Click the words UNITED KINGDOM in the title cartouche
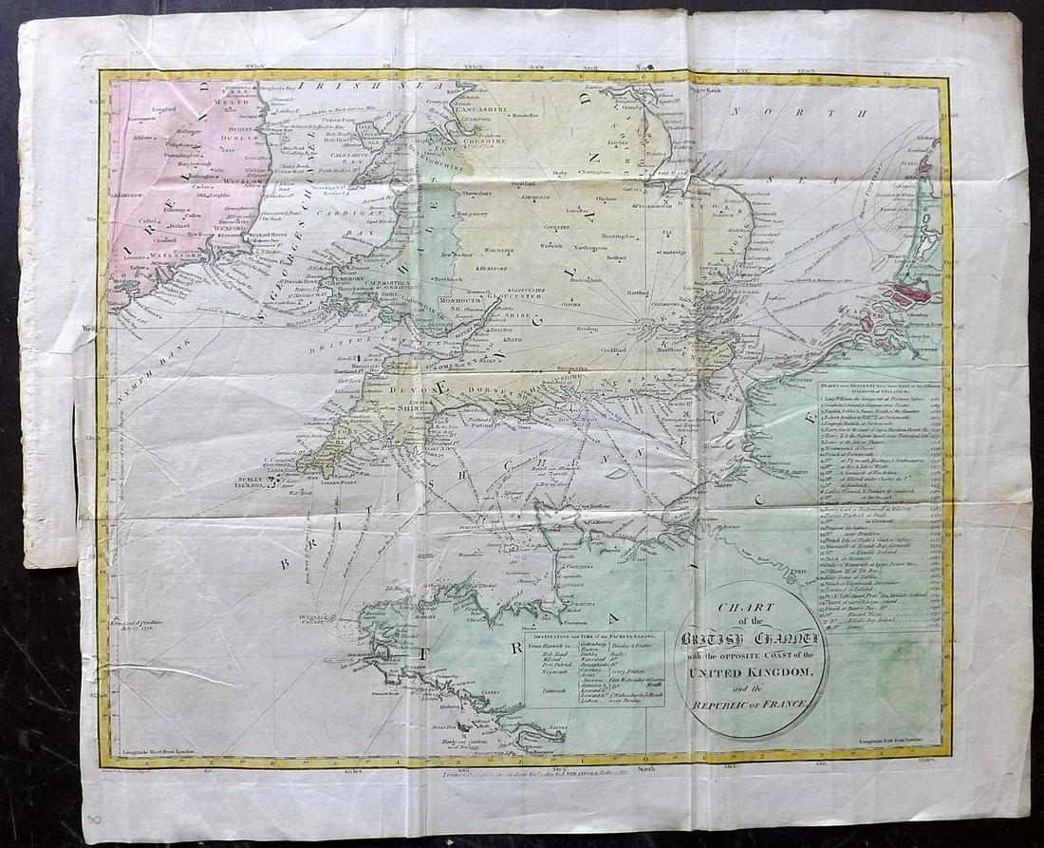tap(751, 672)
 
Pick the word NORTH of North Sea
tap(811, 113)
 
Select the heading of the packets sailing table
tap(594, 634)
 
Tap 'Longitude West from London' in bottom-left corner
tap(160, 750)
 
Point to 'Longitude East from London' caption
tap(884, 737)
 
